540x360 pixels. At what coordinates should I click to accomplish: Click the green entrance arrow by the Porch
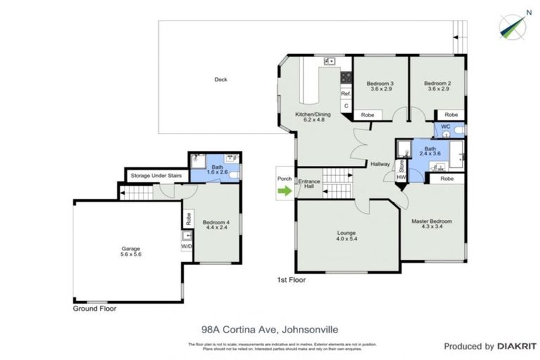point(284,189)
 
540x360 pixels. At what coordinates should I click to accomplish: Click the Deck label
point(221,79)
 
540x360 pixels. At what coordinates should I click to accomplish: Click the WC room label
point(444,127)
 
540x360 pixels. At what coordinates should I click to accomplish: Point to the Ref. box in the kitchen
point(345,94)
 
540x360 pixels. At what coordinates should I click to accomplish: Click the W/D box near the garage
point(186,247)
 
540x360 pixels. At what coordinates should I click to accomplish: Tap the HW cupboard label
point(401,177)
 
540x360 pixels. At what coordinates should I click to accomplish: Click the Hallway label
point(380,164)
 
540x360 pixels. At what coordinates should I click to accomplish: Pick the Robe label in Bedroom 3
point(367,115)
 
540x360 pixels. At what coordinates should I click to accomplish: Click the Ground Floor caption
point(95,308)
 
